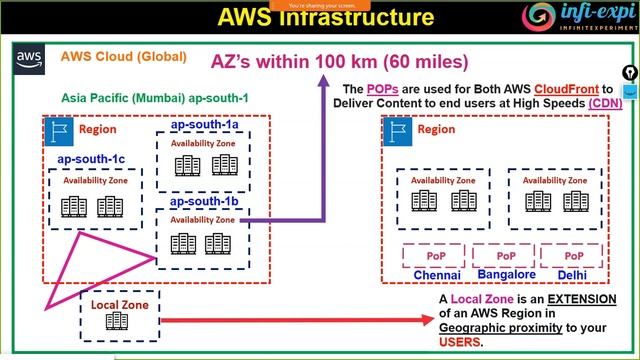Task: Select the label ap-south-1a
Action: coord(204,126)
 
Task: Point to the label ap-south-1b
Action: coord(204,201)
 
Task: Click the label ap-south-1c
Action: coord(91,159)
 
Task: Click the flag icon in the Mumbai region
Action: coord(59,129)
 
